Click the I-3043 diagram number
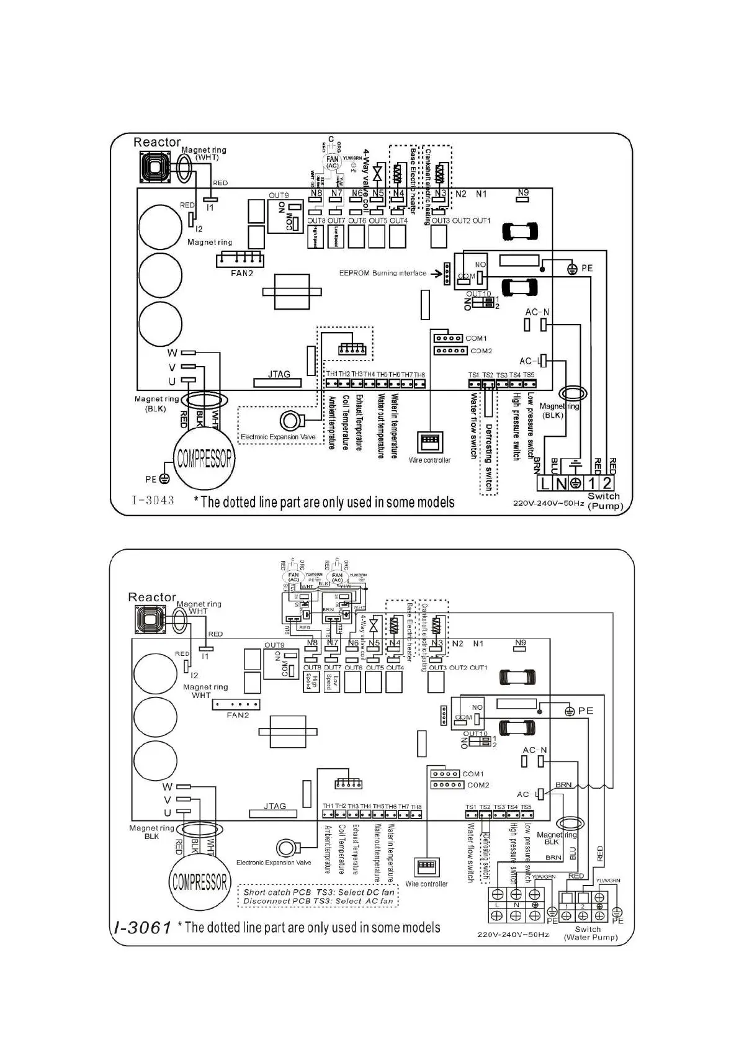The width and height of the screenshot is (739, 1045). pos(153,500)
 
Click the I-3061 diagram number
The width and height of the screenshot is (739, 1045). pos(143,928)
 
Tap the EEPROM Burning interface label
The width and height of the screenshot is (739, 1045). pos(382,273)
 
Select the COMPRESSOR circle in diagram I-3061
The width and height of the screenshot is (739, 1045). pos(199,882)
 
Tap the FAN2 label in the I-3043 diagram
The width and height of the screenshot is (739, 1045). pos(241,273)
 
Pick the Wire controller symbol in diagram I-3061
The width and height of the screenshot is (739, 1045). pos(426,867)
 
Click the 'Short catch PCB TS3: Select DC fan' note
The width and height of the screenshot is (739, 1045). pos(319,892)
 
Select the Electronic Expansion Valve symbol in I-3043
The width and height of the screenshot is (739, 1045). pos(290,421)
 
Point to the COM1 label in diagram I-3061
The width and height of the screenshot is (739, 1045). pos(473,774)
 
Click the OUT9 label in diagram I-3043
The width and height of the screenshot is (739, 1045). pos(279,195)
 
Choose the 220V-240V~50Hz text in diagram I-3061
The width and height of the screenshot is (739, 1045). pos(513,935)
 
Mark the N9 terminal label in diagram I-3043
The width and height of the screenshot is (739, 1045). pos(523,192)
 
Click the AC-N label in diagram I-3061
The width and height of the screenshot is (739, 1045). pos(534,750)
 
